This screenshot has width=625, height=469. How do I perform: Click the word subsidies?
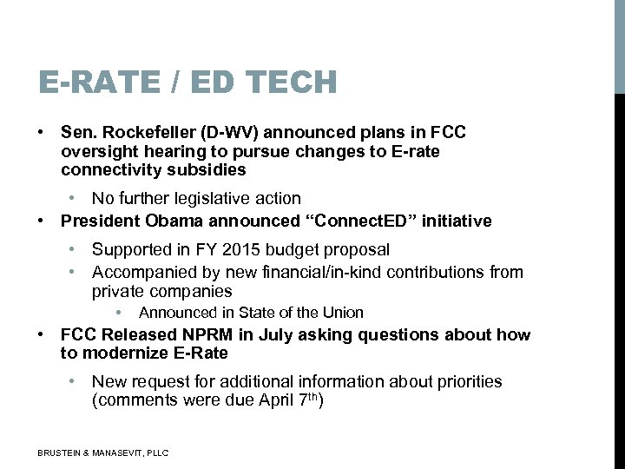[x=206, y=170]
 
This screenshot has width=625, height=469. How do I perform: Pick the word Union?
[x=342, y=313]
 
